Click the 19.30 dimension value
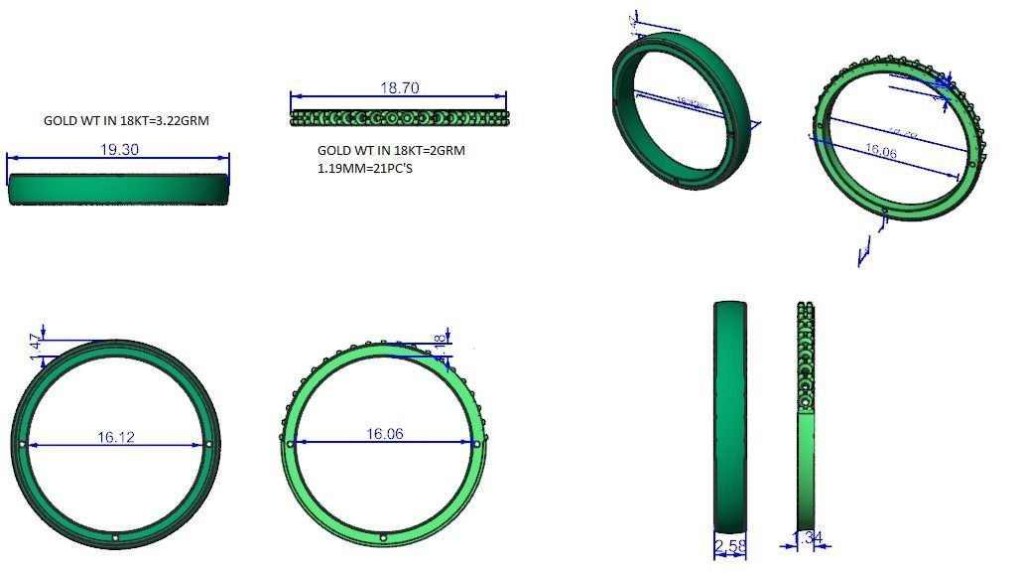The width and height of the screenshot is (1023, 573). point(118,149)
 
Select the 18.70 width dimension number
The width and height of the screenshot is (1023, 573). point(399,87)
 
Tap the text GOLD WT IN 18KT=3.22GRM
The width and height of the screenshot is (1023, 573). point(126,120)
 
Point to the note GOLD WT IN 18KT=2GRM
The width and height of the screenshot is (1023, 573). point(390,151)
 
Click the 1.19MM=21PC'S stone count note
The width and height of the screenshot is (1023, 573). point(364,168)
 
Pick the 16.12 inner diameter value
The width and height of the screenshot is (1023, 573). point(116,436)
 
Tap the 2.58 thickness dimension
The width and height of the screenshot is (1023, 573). point(729,545)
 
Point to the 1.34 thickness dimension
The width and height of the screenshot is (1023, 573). point(809,538)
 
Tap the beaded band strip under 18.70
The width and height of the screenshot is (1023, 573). point(399,118)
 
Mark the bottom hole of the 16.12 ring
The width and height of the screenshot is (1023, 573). point(116,537)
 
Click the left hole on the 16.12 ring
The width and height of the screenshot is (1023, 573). point(22,444)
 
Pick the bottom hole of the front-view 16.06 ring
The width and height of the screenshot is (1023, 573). point(384,537)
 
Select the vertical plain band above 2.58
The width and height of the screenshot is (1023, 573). point(730,417)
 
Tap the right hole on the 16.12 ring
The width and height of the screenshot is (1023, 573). point(209,444)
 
